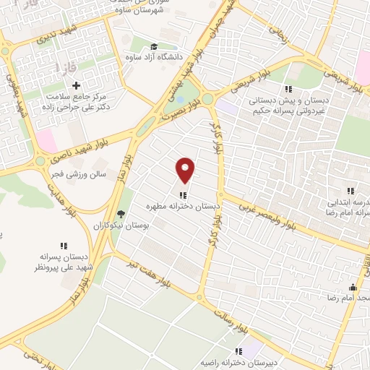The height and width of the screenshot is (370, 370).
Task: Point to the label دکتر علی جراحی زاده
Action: click(75, 106)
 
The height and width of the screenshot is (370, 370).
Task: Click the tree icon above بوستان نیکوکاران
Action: click(121, 214)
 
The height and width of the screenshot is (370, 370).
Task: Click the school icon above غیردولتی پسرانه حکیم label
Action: click(288, 89)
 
